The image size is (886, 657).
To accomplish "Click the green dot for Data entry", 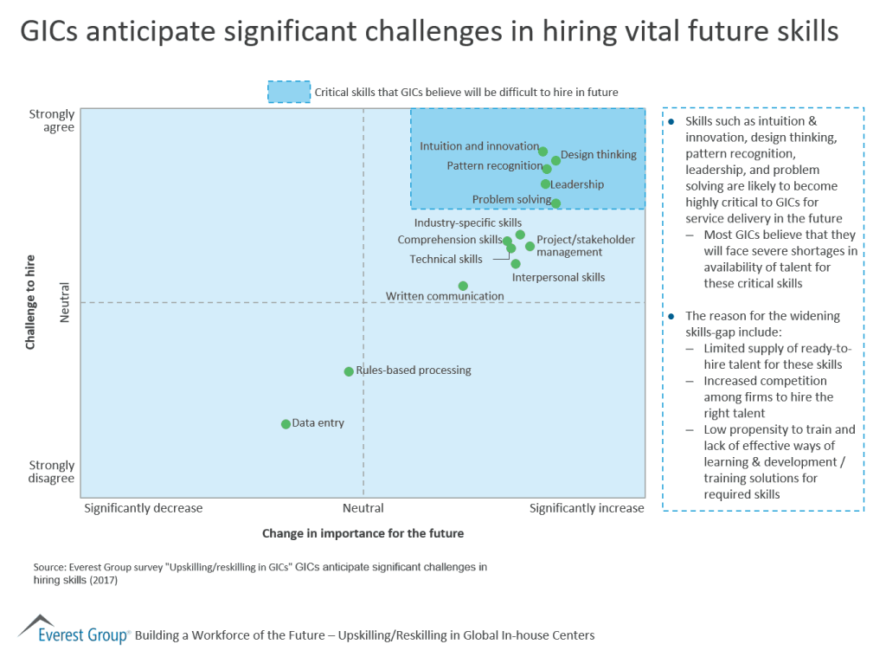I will point(286,424).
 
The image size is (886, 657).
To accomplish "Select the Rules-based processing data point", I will point(349,371).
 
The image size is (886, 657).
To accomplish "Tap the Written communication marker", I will point(463,286).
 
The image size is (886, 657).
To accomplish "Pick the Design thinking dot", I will point(556,160).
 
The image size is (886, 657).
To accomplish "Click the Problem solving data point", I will point(555,203).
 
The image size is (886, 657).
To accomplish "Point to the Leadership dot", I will point(545,184).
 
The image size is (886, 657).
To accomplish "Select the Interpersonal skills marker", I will point(516,263).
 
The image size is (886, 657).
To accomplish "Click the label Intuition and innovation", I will point(479,146).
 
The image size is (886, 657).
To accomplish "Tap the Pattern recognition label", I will point(494,166).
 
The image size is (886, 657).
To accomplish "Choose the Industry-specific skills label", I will point(467,223).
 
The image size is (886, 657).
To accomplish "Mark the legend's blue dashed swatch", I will point(289,92).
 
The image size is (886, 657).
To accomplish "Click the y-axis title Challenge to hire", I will point(30,301).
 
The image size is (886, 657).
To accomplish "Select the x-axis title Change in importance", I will point(363,533).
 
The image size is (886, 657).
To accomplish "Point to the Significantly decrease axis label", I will point(143,508).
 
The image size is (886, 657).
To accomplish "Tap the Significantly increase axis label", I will point(587,508).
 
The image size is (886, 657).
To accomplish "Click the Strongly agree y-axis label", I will point(52,120).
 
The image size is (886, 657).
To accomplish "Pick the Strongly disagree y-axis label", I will point(51,472).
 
